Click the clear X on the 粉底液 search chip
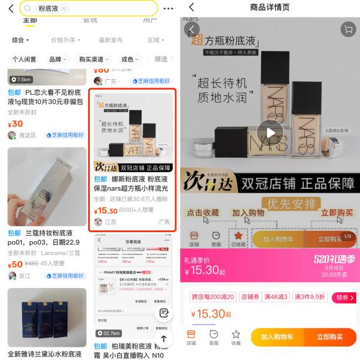pos(64,8)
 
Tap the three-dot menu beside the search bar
pos(168,8)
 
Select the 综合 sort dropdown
pos(21,40)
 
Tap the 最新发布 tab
pos(110,40)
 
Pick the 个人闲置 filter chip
pos(24,59)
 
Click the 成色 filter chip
pos(130,59)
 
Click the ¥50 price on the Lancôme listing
pos(16,264)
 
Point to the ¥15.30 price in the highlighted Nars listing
pos(106,211)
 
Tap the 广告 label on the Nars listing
pos(164,222)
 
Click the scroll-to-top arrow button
pos(163,339)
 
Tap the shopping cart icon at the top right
pos(347,29)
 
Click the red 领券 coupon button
pos(344,297)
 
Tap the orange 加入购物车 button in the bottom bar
pos(277,337)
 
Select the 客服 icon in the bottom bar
pos(214,337)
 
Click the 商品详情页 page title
pos(269,7)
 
